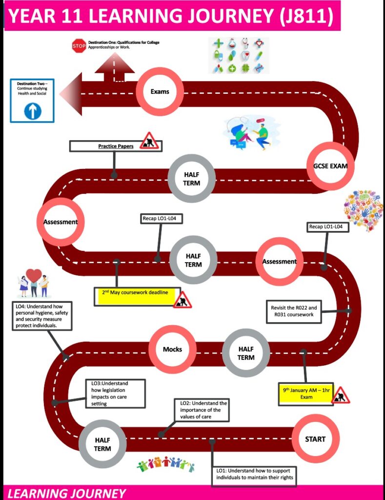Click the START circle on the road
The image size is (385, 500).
coord(315,438)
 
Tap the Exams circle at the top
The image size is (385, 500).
coord(160,91)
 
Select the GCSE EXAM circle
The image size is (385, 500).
coord(330,166)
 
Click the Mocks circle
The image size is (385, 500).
coord(172,349)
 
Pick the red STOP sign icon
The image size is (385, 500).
coord(79,46)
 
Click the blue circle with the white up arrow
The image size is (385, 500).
coord(33,111)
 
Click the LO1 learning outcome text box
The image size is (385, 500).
coord(254,474)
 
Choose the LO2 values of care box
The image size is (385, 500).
coord(201,410)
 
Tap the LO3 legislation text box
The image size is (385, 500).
coord(117,393)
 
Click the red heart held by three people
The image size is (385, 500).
coord(34,275)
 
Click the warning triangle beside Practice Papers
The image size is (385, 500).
coord(150,141)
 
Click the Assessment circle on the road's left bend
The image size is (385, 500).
coord(61,222)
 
